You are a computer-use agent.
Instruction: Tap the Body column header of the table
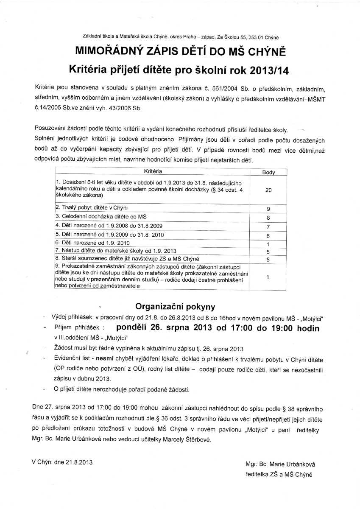point(268,172)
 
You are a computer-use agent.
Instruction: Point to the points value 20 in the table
point(268,190)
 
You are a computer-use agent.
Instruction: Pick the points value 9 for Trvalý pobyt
point(268,209)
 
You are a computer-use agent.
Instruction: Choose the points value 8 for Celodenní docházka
point(268,218)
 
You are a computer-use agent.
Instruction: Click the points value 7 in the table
point(268,227)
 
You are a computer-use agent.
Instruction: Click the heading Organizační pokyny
point(175,306)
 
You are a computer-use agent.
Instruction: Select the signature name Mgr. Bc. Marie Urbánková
point(280,464)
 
